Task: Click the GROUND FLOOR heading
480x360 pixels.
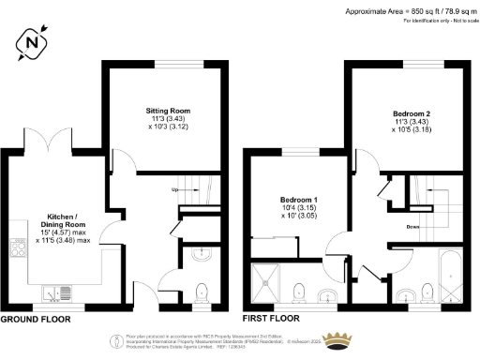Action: [38, 319]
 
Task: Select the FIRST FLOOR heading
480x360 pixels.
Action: [268, 319]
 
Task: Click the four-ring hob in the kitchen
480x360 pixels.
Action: [16, 248]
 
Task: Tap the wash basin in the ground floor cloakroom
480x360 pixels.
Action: [199, 254]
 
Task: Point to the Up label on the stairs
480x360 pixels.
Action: [173, 189]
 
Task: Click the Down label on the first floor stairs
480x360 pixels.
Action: [413, 226]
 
